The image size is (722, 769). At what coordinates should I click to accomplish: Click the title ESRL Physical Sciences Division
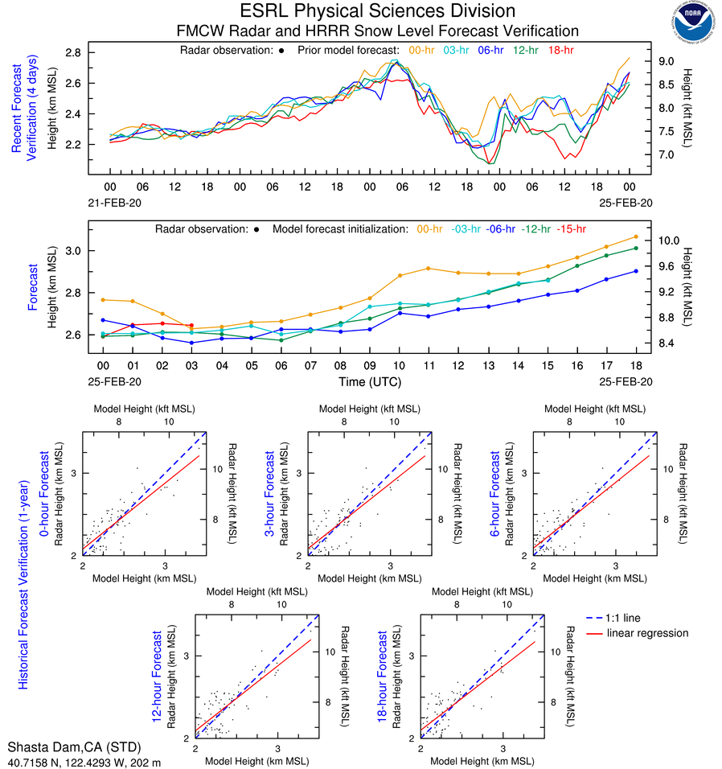coord(377,11)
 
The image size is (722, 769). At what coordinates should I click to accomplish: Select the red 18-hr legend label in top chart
coord(560,50)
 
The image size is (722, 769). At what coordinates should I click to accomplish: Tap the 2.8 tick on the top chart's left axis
coord(74,53)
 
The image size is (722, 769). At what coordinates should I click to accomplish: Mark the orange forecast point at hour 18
coord(636,236)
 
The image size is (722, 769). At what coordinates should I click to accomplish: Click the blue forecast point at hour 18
coord(636,271)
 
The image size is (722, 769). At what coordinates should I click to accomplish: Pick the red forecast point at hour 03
coord(191,325)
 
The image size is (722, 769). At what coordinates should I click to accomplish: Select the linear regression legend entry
coord(647,633)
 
